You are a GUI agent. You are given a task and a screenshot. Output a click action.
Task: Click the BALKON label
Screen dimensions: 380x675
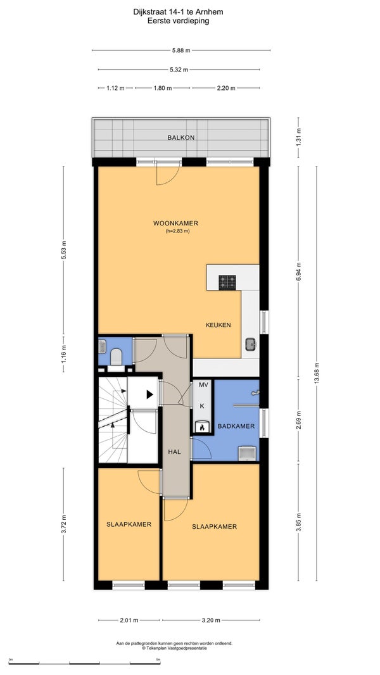pos(180,138)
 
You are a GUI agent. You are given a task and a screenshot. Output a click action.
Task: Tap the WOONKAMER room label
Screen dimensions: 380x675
pos(175,223)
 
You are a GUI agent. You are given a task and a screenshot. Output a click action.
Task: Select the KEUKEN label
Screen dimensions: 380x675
pos(218,325)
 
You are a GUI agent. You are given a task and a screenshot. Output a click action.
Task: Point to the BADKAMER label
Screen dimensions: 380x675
pos(236,426)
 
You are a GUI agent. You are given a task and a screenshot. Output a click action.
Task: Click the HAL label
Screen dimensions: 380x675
pos(174,451)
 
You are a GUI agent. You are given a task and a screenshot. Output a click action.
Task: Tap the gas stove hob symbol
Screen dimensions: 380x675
pos(227,282)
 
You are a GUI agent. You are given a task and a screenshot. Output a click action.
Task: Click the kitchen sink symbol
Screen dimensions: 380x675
pos(251,344)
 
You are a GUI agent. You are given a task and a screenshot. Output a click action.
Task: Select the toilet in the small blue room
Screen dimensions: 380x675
pos(116,357)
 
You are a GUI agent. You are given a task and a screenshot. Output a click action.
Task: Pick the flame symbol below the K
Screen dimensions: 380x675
pos(202,427)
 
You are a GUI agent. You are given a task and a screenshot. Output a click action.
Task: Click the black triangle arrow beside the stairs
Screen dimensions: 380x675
pos(149,394)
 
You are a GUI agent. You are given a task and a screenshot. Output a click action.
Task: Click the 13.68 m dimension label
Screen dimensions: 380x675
pos(316,373)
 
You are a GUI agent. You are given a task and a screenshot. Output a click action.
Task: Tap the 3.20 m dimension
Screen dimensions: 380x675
pos(211,621)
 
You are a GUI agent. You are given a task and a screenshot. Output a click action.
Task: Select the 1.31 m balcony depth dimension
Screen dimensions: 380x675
pos(299,137)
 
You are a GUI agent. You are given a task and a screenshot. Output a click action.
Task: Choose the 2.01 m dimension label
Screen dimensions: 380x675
pos(129,621)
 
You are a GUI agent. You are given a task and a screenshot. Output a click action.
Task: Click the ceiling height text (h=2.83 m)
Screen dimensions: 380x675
pos(178,231)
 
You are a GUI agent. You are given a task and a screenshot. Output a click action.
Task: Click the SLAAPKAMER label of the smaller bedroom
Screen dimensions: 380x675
pos(129,524)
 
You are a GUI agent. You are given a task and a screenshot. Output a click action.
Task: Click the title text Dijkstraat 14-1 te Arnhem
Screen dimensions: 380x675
pos(178,12)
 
